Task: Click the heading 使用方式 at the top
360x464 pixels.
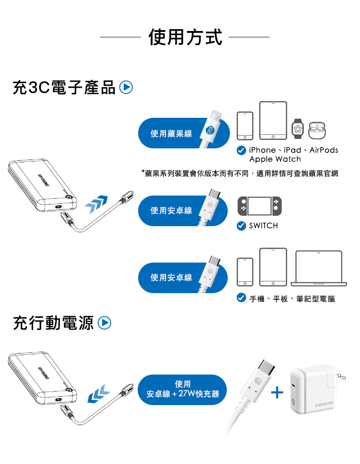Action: coord(185,37)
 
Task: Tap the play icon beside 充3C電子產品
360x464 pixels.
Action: coord(126,87)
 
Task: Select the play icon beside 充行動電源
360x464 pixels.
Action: coord(104,323)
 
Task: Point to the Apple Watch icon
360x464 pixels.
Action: coord(297,129)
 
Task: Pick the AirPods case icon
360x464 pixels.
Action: coord(317,130)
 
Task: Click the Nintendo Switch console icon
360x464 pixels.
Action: coord(260,206)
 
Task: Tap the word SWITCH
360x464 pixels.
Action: coord(264,226)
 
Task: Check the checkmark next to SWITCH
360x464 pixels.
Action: coord(241,226)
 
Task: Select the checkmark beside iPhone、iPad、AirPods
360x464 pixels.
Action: coord(241,150)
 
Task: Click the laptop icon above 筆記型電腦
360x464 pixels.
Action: coord(319,268)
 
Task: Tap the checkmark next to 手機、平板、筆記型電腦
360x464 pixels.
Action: coord(241,298)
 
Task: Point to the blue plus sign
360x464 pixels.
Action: coord(277,393)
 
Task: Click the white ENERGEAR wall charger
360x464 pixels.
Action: coord(317,389)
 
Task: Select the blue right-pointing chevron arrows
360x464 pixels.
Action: coord(96,204)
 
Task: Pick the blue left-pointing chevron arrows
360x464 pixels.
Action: coord(99,394)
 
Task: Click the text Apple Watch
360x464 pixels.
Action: coord(275,159)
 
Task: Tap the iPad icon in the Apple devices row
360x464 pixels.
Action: coord(273,120)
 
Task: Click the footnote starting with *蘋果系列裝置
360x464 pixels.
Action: coord(240,174)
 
